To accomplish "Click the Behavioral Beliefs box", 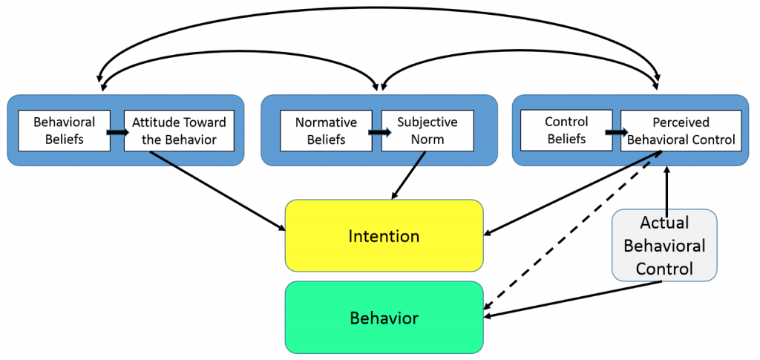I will (x=64, y=131).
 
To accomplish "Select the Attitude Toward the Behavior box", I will (x=178, y=131).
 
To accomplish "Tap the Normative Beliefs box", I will (x=326, y=131).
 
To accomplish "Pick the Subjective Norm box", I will (x=427, y=131).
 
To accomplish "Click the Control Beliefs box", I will (x=566, y=131).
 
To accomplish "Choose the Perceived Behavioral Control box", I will (x=681, y=131).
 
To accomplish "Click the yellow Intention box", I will (x=384, y=236).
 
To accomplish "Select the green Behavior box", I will (x=384, y=318).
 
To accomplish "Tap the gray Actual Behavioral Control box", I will (x=664, y=245).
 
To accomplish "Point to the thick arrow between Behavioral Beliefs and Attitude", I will (x=117, y=131).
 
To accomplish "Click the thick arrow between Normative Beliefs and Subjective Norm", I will (x=377, y=131).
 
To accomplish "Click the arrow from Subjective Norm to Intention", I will (x=407, y=175).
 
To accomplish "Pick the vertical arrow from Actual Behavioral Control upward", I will (x=668, y=189).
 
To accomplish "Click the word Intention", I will (x=384, y=236).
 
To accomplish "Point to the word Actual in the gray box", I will (x=664, y=223).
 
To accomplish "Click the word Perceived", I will (x=681, y=122).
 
